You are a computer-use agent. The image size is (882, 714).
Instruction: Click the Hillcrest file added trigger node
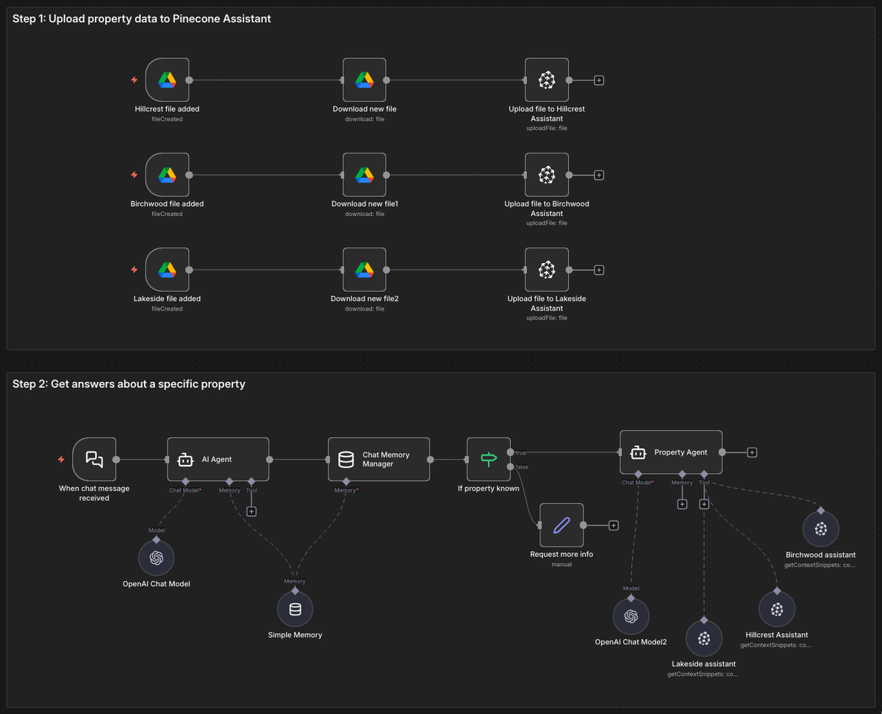pyautogui.click(x=167, y=79)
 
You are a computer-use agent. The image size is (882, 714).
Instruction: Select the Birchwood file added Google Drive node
pyautogui.click(x=167, y=175)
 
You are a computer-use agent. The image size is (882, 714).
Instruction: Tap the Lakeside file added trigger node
pyautogui.click(x=167, y=270)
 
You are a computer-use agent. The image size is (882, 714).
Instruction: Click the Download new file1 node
pyautogui.click(x=365, y=175)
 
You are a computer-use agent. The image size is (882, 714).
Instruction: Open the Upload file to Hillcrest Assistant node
pyautogui.click(x=547, y=79)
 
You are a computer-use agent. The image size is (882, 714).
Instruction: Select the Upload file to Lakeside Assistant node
pyautogui.click(x=547, y=270)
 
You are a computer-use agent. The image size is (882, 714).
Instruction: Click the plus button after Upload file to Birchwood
pyautogui.click(x=599, y=175)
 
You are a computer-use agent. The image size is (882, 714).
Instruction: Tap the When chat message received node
pyautogui.click(x=94, y=459)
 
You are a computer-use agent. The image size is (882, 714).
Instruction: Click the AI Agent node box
pyautogui.click(x=218, y=459)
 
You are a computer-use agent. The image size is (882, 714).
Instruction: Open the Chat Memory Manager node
pyautogui.click(x=379, y=459)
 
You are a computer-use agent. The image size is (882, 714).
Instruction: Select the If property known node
pyautogui.click(x=488, y=459)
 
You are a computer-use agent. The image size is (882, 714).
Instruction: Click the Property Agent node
pyautogui.click(x=670, y=452)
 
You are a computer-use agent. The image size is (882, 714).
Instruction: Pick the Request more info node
pyautogui.click(x=562, y=524)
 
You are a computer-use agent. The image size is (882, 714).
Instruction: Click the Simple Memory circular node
pyautogui.click(x=295, y=609)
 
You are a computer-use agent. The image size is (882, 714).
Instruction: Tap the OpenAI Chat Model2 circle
pyautogui.click(x=631, y=616)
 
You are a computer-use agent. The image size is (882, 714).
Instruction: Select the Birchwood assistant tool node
pyautogui.click(x=820, y=529)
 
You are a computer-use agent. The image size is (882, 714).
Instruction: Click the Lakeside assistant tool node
pyautogui.click(x=703, y=638)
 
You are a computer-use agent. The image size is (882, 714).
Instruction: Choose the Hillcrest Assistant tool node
pyautogui.click(x=776, y=609)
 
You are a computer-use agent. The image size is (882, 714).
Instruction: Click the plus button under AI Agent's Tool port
pyautogui.click(x=251, y=511)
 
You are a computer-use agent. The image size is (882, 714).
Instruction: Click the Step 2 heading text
pyautogui.click(x=129, y=384)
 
